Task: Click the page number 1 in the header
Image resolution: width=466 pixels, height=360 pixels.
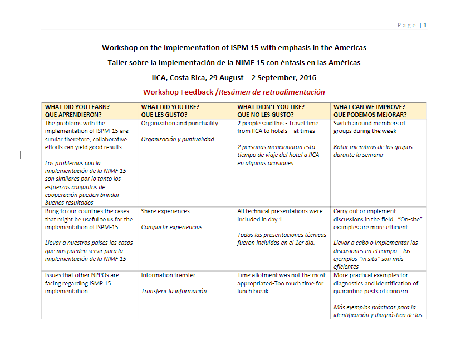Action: tap(425, 25)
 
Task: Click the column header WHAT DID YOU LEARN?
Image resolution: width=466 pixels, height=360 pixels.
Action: tap(77, 107)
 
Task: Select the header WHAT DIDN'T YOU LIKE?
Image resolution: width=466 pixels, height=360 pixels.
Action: tap(271, 107)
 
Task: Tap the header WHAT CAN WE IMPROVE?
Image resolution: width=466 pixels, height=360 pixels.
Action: tap(369, 107)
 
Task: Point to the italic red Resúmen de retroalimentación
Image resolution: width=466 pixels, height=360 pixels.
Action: tap(272, 92)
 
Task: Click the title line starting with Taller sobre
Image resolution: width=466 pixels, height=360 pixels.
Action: tap(234, 62)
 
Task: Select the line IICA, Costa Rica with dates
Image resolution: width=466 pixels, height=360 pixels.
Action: tap(234, 77)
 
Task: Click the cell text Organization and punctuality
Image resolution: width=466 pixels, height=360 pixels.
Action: tap(180, 124)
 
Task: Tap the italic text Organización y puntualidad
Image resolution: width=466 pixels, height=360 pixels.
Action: tap(178, 139)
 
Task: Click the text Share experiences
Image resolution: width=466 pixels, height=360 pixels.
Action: tap(165, 211)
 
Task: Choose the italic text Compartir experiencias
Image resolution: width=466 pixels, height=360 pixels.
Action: tap(171, 227)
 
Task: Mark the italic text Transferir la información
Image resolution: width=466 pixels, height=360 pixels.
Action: tap(174, 291)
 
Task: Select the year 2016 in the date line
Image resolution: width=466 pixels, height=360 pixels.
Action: tap(306, 77)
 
